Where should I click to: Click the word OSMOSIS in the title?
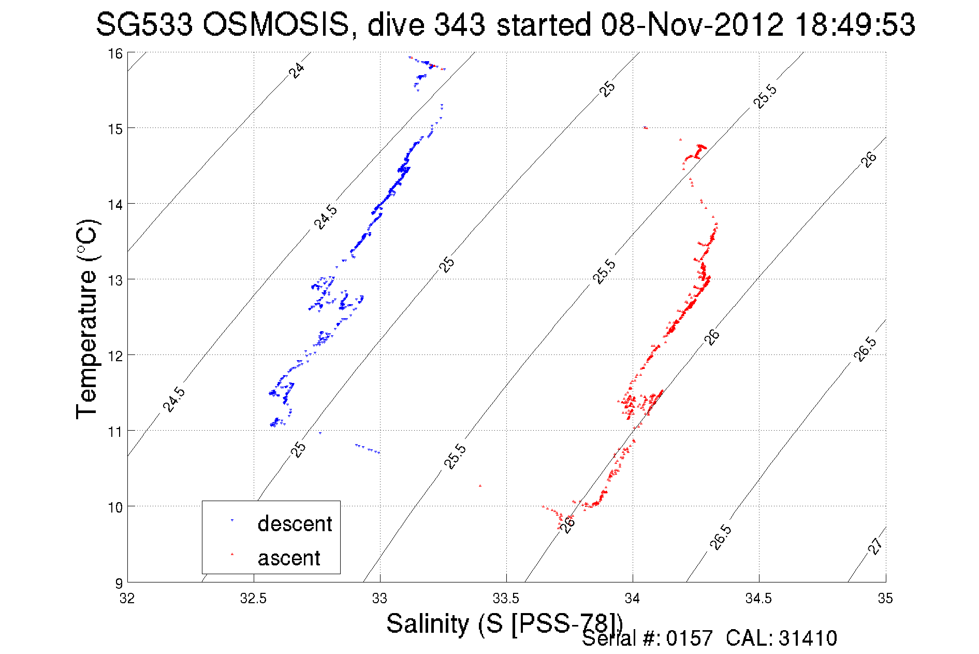point(275,25)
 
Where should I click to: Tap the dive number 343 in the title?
point(459,25)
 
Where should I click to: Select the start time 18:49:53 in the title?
point(855,25)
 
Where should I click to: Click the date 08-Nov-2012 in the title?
point(692,25)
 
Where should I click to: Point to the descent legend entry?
point(294,524)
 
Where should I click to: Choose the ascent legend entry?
point(289,558)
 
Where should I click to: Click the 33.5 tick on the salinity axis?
point(506,599)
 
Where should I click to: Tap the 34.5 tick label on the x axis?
point(758,599)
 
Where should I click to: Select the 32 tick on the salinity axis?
point(127,599)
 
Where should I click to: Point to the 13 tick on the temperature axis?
point(115,280)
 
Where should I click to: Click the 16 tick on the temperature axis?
point(115,53)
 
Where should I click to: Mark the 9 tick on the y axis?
point(119,583)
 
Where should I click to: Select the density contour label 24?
point(297,70)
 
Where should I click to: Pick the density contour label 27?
point(875,546)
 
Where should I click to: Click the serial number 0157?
point(689,638)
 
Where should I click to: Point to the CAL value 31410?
point(807,638)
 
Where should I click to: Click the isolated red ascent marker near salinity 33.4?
point(480,486)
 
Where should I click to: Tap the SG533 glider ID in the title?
point(144,25)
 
